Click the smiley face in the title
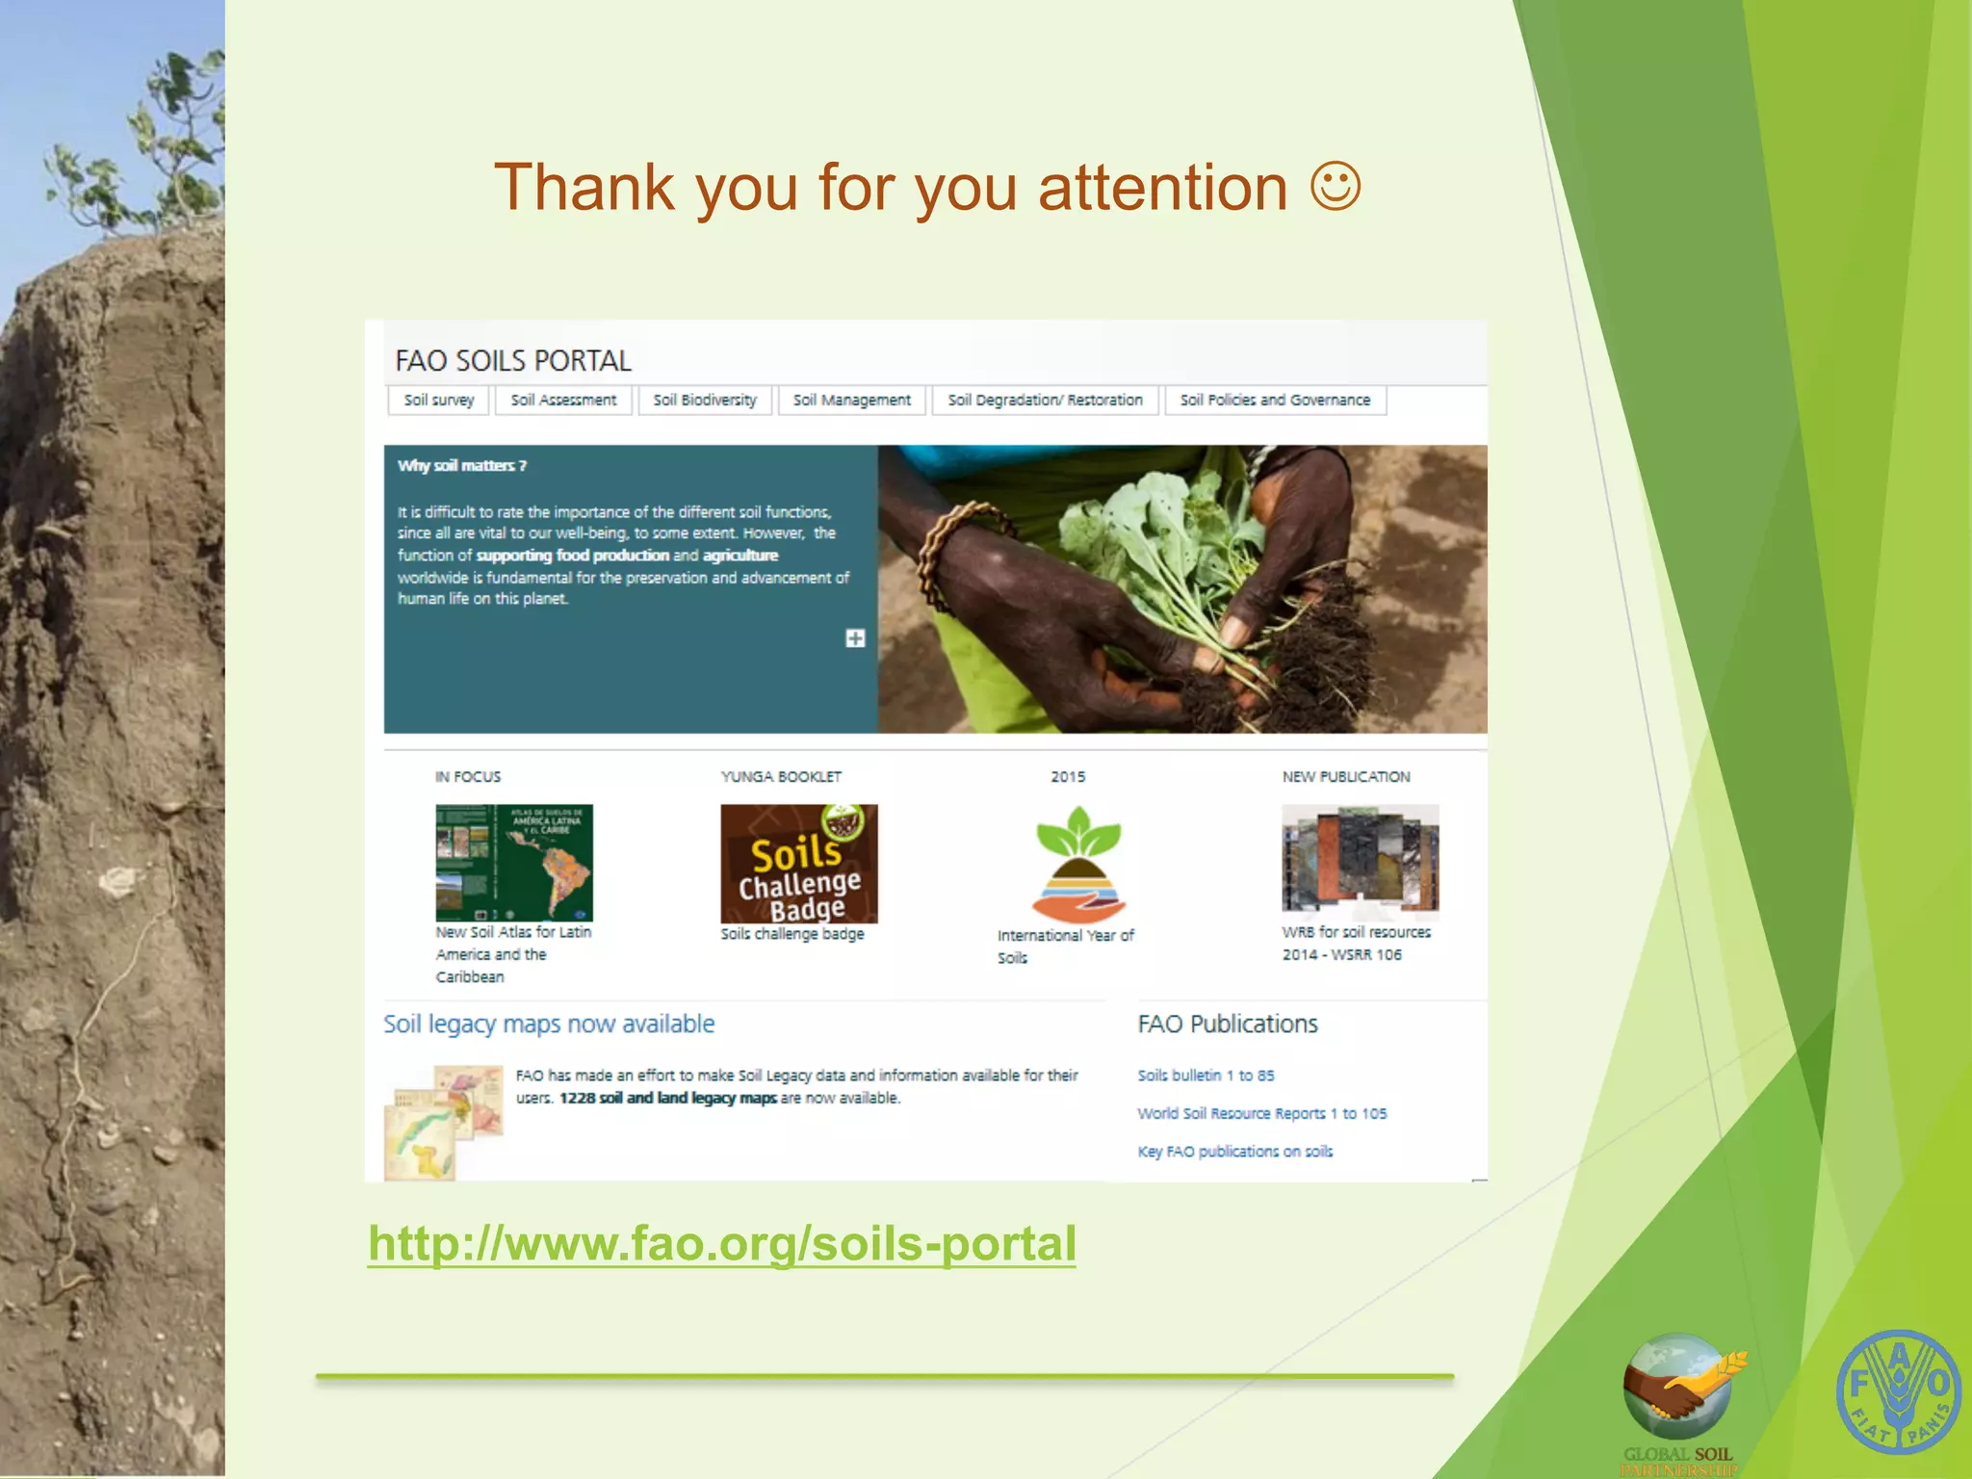pyautogui.click(x=1336, y=187)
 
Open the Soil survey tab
pyautogui.click(x=439, y=400)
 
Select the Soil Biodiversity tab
pyautogui.click(x=705, y=400)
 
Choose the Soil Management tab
pyautogui.click(x=851, y=400)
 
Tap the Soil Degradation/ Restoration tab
pyautogui.click(x=1045, y=400)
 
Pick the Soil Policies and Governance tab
pyautogui.click(x=1275, y=400)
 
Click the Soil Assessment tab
pyautogui.click(x=563, y=400)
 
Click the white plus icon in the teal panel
pyautogui.click(x=855, y=638)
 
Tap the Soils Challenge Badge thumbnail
pyautogui.click(x=799, y=864)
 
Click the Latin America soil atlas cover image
pyautogui.click(x=514, y=863)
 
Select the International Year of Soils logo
pyautogui.click(x=1078, y=864)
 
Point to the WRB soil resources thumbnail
pyautogui.click(x=1360, y=858)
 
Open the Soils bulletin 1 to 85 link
pyautogui.click(x=1206, y=1076)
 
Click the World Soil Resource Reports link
pyautogui.click(x=1261, y=1113)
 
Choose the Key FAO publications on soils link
pyautogui.click(x=1234, y=1152)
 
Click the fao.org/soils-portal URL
pyautogui.click(x=722, y=1243)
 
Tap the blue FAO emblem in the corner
pyautogui.click(x=1898, y=1391)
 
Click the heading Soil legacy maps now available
pyautogui.click(x=549, y=1024)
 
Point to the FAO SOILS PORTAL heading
pyautogui.click(x=513, y=361)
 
